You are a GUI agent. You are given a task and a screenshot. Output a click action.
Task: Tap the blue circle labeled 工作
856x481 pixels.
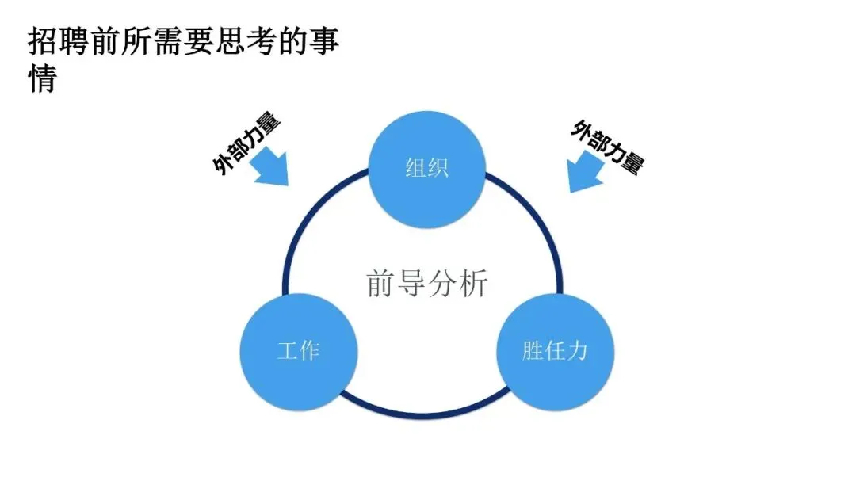[x=298, y=350]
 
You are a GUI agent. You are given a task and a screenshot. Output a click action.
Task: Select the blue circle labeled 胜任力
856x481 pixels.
[x=555, y=350]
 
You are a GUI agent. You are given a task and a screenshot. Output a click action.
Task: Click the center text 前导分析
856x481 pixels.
[x=426, y=283]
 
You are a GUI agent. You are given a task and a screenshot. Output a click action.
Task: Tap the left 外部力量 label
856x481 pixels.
[x=246, y=143]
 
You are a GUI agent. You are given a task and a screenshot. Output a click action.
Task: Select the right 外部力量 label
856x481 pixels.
[x=607, y=147]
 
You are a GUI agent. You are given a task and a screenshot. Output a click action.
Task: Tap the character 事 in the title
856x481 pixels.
[x=326, y=41]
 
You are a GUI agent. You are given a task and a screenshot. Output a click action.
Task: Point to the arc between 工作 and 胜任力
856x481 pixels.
[x=426, y=413]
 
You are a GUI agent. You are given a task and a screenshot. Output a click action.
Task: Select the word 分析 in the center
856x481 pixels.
[x=457, y=283]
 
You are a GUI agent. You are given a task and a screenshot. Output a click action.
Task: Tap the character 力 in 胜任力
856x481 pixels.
[x=577, y=350]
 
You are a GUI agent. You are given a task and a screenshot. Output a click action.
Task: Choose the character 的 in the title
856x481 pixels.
[x=287, y=41]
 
